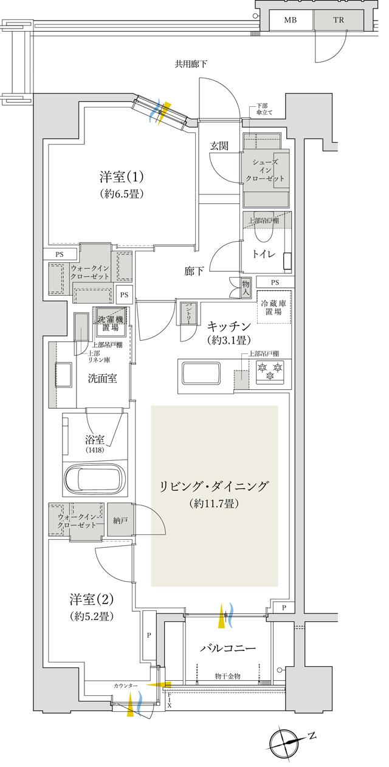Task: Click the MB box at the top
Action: pyautogui.click(x=291, y=19)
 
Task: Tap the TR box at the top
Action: pyautogui.click(x=337, y=19)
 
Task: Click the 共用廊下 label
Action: pyautogui.click(x=191, y=64)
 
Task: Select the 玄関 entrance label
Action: pyautogui.click(x=220, y=146)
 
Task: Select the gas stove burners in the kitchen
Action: pyautogui.click(x=270, y=372)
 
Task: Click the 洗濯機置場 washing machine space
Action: pyautogui.click(x=109, y=322)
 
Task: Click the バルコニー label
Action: pyautogui.click(x=228, y=648)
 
